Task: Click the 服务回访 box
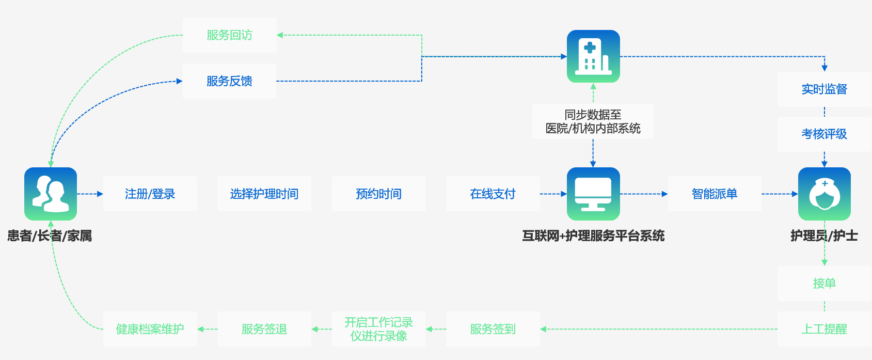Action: pyautogui.click(x=230, y=35)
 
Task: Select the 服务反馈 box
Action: pyautogui.click(x=230, y=81)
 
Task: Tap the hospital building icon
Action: pyautogui.click(x=593, y=56)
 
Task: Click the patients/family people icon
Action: pyautogui.click(x=51, y=194)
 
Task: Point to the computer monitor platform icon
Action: pyautogui.click(x=593, y=194)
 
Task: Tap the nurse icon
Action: pyautogui.click(x=824, y=194)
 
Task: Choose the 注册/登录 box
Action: pyautogui.click(x=150, y=194)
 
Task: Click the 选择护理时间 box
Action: pyautogui.click(x=264, y=194)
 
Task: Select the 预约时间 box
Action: pyautogui.click(x=378, y=194)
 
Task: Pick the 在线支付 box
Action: pyautogui.click(x=493, y=194)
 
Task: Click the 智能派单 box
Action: pyautogui.click(x=715, y=194)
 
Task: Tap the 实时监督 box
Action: pyautogui.click(x=824, y=89)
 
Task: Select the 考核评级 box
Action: pyautogui.click(x=824, y=134)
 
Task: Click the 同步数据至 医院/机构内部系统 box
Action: pyautogui.click(x=593, y=121)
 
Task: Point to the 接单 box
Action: pyautogui.click(x=824, y=284)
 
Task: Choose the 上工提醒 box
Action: pyautogui.click(x=824, y=329)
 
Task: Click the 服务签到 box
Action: pyautogui.click(x=493, y=329)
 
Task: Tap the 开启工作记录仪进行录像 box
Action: pyautogui.click(x=378, y=329)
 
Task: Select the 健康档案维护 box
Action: pyautogui.click(x=150, y=329)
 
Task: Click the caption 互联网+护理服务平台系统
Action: pyautogui.click(x=593, y=236)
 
